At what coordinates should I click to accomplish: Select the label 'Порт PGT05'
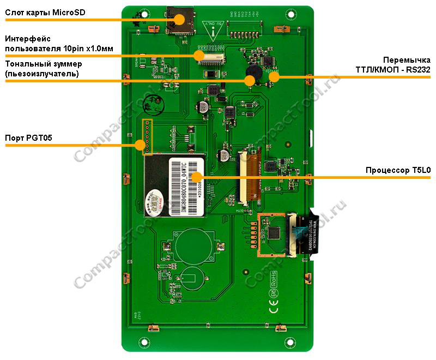point(28,137)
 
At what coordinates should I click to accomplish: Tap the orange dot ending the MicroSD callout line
point(179,20)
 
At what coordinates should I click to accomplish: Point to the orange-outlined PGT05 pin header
point(147,137)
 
